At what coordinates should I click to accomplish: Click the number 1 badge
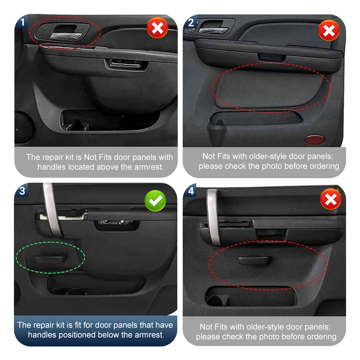coord(21,22)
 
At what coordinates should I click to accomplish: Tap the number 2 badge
coord(190,22)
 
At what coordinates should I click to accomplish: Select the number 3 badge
coord(21,190)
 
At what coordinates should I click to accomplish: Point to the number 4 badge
coord(190,190)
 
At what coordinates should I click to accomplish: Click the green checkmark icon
coord(155,201)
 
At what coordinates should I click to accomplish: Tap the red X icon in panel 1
coord(157,27)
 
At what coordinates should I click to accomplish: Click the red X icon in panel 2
coord(329,30)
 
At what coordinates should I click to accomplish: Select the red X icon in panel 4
coord(331,199)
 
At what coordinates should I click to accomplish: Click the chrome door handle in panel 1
coord(67,36)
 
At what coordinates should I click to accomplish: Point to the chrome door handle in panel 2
coord(213,30)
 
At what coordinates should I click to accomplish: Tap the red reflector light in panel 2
coord(315,139)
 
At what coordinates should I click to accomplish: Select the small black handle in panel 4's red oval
coord(254,261)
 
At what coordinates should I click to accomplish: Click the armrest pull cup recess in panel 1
coord(126,64)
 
